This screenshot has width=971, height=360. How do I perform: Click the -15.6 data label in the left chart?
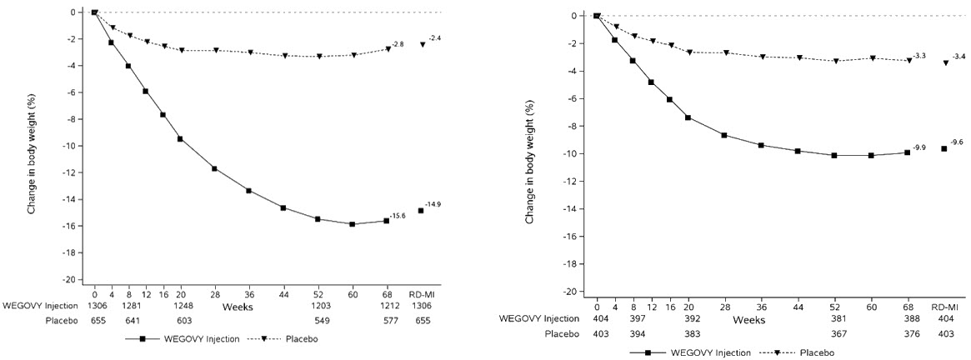(399, 216)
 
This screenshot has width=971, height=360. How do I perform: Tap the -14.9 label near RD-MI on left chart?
(434, 204)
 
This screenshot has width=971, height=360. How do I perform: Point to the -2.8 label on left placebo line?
(399, 44)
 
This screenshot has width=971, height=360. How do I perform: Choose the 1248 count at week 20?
(180, 306)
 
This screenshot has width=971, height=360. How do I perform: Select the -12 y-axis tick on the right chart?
(575, 182)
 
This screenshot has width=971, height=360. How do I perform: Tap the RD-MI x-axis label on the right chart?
(944, 305)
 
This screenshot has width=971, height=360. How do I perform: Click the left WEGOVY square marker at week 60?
(352, 224)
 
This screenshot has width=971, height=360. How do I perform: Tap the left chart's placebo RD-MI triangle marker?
(423, 44)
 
